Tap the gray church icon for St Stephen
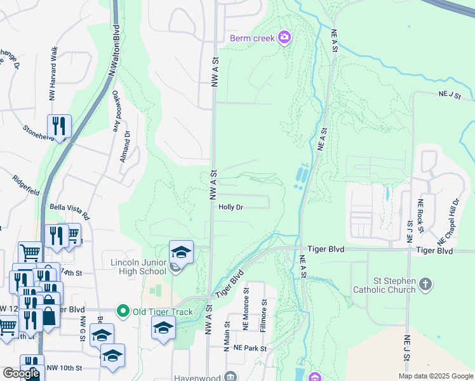pyautogui.click(x=425, y=284)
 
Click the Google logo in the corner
pyautogui.click(x=21, y=373)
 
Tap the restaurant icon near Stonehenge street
pyautogui.click(x=59, y=126)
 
